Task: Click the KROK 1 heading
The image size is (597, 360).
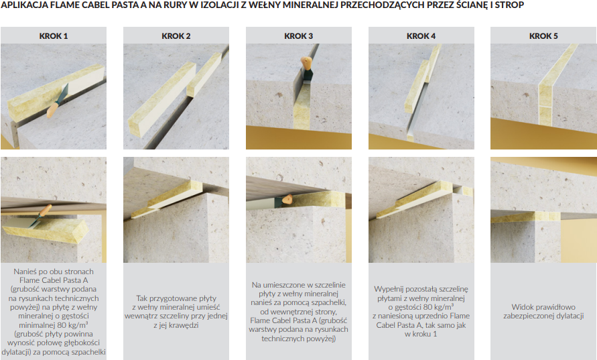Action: [54, 36]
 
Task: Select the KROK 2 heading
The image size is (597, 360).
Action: [176, 36]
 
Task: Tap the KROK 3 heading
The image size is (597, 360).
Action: [299, 36]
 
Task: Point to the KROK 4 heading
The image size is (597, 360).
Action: [421, 36]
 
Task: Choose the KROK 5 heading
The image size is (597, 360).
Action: [543, 36]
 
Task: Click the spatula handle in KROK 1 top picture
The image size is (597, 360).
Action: [52, 109]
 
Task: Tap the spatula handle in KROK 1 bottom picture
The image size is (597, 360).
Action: [44, 211]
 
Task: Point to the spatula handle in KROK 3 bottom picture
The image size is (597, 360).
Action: [286, 200]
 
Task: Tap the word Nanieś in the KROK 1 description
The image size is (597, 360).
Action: [26, 272]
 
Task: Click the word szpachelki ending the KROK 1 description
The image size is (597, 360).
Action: [88, 352]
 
